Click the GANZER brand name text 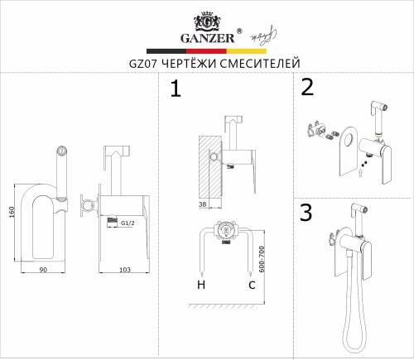pyautogui.click(x=208, y=38)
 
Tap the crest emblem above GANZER pyautogui.click(x=207, y=21)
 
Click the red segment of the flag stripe pyautogui.click(x=206, y=51)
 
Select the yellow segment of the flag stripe pyautogui.click(x=247, y=51)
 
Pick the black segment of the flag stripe pyautogui.click(x=166, y=51)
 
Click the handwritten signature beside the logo pyautogui.click(x=263, y=36)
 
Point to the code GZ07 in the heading pyautogui.click(x=143, y=64)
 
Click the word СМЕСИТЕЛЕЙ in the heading pyautogui.click(x=260, y=64)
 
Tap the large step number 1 pyautogui.click(x=176, y=88)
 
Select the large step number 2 pyautogui.click(x=307, y=87)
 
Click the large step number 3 pyautogui.click(x=306, y=212)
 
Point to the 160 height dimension pyautogui.click(x=12, y=212)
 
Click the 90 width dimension pyautogui.click(x=43, y=270)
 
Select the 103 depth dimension pyautogui.click(x=125, y=270)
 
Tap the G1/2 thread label pyautogui.click(x=128, y=223)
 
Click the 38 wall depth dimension pyautogui.click(x=202, y=204)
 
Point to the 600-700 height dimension pyautogui.click(x=262, y=259)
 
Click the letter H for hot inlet pyautogui.click(x=201, y=285)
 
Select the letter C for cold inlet pyautogui.click(x=252, y=285)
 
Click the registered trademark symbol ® pyautogui.click(x=239, y=31)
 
